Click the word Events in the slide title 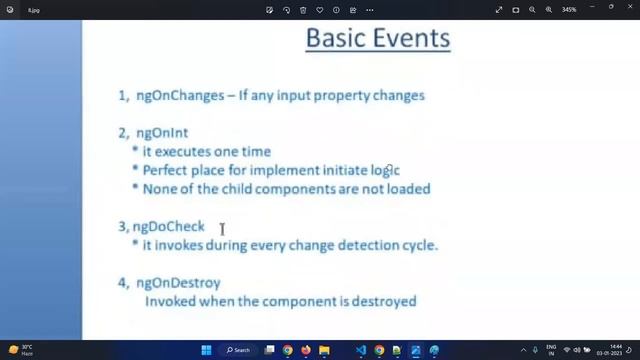pyautogui.click(x=407, y=40)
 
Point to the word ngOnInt pyautogui.click(x=161, y=132)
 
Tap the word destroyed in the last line pyautogui.click(x=384, y=301)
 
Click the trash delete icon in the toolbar pyautogui.click(x=303, y=10)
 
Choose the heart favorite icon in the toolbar pyautogui.click(x=320, y=10)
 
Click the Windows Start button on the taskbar pyautogui.click(x=207, y=350)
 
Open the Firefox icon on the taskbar pyautogui.click(x=306, y=350)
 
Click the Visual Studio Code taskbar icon pyautogui.click(x=361, y=350)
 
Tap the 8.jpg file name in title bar pyautogui.click(x=34, y=10)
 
